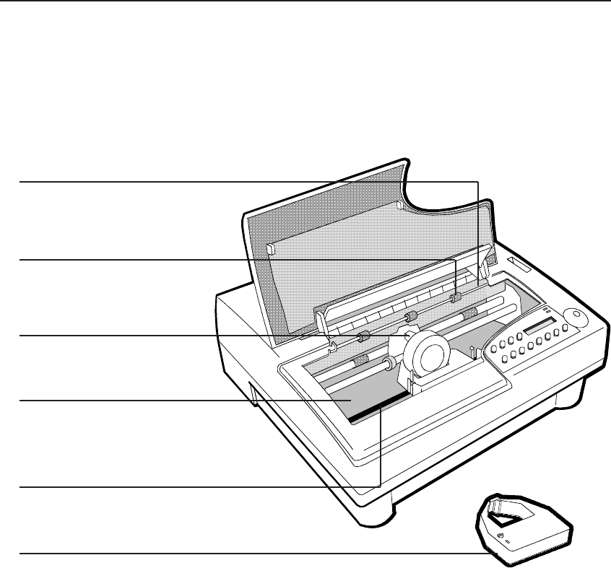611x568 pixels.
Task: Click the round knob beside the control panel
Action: point(575,318)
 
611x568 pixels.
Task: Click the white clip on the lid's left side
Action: point(270,249)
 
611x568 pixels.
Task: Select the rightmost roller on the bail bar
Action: point(455,298)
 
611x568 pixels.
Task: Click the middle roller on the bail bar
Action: point(409,317)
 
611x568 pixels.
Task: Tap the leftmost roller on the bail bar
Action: point(363,336)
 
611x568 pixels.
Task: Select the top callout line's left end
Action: point(20,181)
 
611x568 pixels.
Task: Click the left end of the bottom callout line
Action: point(20,554)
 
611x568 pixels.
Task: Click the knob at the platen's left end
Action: point(389,361)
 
